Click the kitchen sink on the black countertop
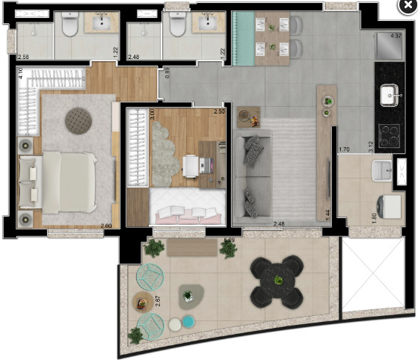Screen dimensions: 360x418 [390, 95]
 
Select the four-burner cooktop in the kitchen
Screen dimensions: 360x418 [390, 135]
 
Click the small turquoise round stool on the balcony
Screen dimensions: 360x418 [188, 322]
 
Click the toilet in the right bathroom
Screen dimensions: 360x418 [177, 28]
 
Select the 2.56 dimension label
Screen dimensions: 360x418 [23, 58]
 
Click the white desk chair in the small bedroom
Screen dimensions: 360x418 [189, 165]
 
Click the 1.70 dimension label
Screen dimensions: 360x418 [345, 150]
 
